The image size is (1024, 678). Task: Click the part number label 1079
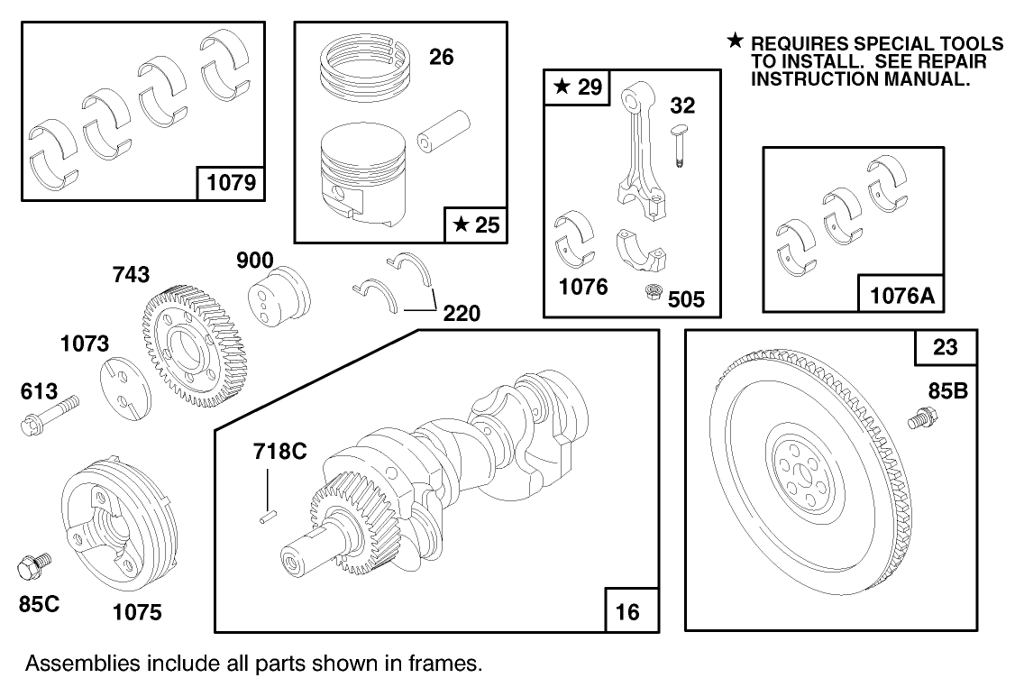[x=231, y=184]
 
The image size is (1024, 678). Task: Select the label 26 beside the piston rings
[x=441, y=58]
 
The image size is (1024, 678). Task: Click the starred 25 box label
[x=476, y=225]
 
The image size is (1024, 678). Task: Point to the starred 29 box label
[x=576, y=87]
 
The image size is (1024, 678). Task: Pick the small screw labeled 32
[x=679, y=143]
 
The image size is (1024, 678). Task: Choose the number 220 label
[x=461, y=313]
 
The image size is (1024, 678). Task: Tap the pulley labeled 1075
[x=113, y=523]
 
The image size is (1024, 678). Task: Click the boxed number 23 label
[x=939, y=347]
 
